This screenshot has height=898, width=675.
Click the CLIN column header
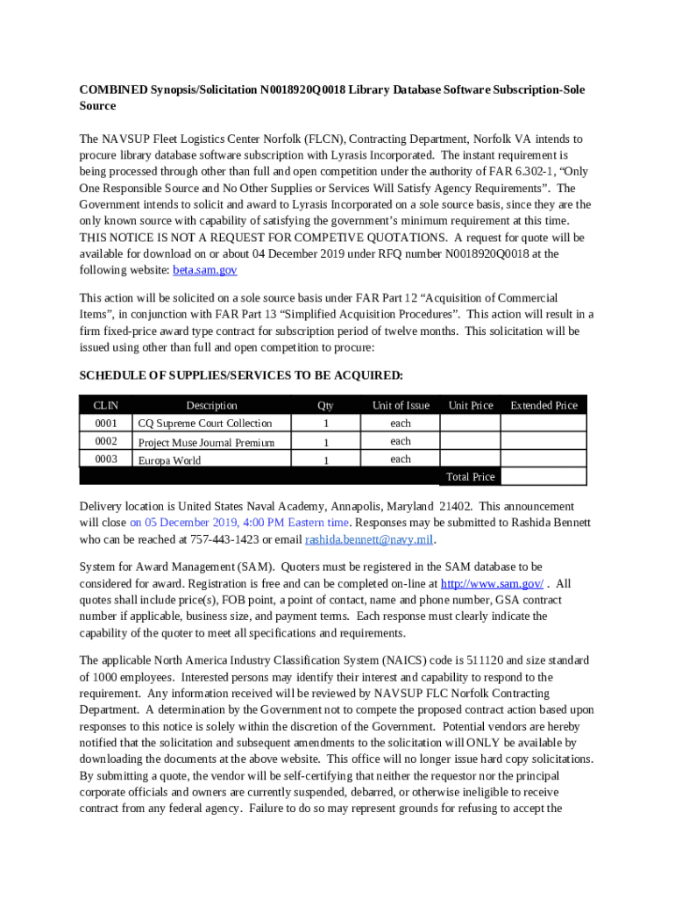[x=105, y=405]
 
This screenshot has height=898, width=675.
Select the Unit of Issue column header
[x=401, y=405]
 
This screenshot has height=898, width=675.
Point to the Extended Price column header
[x=544, y=405]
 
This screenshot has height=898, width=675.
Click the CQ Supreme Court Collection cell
[x=205, y=424]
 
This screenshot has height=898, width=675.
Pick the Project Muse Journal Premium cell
[x=206, y=442]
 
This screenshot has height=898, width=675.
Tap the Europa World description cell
[x=169, y=460]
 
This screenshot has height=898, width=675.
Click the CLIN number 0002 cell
[x=105, y=441]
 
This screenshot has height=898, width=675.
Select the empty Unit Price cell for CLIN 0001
[x=469, y=424]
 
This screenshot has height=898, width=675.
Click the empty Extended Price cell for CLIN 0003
[x=543, y=459]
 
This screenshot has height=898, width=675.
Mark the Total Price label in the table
[x=470, y=477]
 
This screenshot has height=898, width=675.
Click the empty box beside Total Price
[x=543, y=477]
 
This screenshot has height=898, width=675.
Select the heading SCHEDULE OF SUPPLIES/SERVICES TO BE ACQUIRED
[x=241, y=375]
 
